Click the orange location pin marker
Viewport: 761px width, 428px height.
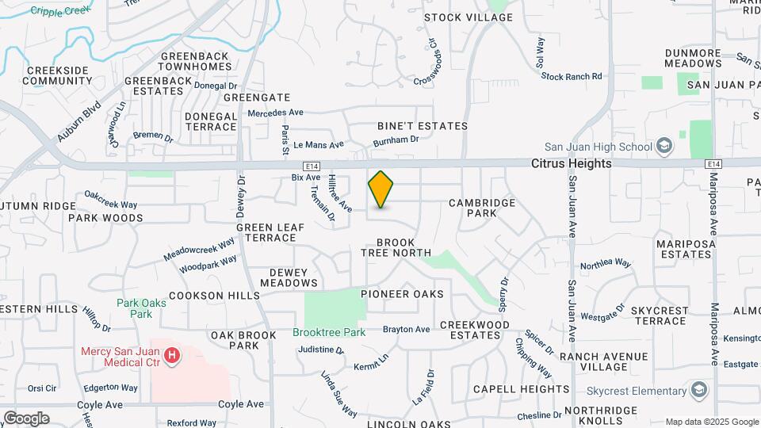(380, 189)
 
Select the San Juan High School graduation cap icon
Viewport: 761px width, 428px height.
(664, 146)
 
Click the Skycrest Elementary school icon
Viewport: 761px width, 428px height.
(699, 390)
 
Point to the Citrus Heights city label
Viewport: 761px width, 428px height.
(571, 163)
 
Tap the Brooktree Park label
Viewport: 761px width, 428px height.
(329, 332)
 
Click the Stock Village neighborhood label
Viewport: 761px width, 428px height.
(468, 17)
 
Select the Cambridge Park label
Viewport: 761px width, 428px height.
(482, 208)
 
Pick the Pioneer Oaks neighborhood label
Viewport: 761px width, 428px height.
(402, 294)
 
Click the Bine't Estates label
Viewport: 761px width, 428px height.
(422, 126)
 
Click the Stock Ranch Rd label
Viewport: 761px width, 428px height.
(572, 76)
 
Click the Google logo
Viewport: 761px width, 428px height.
(26, 418)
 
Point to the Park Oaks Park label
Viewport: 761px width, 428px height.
(134, 308)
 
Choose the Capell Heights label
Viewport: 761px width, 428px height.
(521, 389)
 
